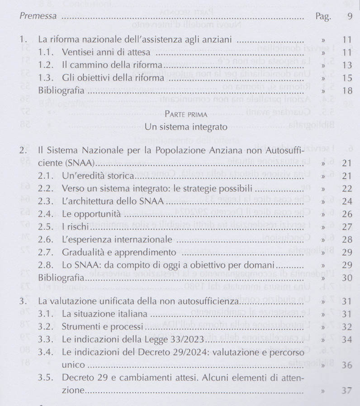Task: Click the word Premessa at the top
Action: (38, 16)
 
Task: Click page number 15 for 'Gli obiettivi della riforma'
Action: (347, 78)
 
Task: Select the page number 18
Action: (347, 91)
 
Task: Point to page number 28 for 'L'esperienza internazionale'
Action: (347, 239)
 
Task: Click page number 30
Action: (347, 277)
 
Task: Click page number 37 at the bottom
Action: (347, 389)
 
